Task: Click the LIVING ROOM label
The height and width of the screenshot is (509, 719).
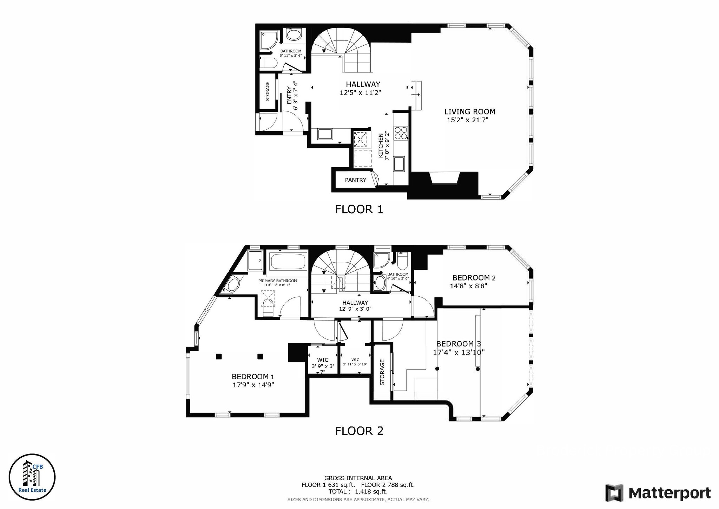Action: click(470, 112)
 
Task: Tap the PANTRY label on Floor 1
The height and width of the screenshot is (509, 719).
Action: click(355, 180)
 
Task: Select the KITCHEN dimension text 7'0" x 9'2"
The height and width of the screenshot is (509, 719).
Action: click(387, 146)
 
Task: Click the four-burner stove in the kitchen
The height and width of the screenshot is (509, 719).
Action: click(401, 133)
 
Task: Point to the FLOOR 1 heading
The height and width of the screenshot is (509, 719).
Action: click(359, 210)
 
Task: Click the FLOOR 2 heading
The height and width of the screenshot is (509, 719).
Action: click(359, 431)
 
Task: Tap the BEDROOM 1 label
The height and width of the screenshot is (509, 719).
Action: click(252, 377)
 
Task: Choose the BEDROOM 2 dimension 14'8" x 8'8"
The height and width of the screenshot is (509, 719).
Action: click(468, 286)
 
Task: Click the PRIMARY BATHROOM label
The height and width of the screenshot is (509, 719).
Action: click(277, 281)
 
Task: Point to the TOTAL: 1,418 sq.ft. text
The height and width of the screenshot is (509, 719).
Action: click(358, 491)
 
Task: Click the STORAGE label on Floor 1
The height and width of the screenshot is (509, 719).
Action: click(268, 91)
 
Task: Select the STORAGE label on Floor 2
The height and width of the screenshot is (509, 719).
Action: click(382, 372)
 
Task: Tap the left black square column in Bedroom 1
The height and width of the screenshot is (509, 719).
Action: click(219, 356)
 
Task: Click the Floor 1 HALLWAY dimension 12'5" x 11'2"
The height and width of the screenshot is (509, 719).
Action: click(360, 93)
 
